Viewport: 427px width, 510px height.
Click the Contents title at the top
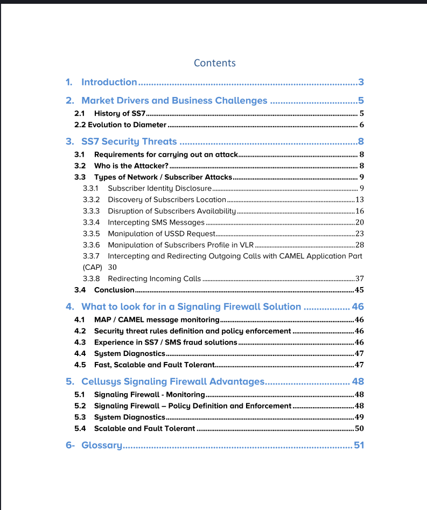point(214,63)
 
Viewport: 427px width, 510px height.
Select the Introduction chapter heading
point(109,82)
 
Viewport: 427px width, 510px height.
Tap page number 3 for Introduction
point(361,82)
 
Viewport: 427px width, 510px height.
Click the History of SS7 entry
point(120,114)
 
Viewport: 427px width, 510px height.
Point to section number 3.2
point(80,166)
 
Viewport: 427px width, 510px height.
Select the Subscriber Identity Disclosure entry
point(160,188)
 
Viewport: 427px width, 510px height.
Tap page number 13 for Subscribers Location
point(360,200)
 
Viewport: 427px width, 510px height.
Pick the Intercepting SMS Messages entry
point(156,222)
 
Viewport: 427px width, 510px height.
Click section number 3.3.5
point(91,234)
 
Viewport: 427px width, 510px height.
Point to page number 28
point(360,245)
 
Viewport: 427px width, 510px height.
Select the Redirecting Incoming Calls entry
point(155,279)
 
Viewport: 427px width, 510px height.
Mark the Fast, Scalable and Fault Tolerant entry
point(154,365)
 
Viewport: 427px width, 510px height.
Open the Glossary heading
point(101,445)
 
